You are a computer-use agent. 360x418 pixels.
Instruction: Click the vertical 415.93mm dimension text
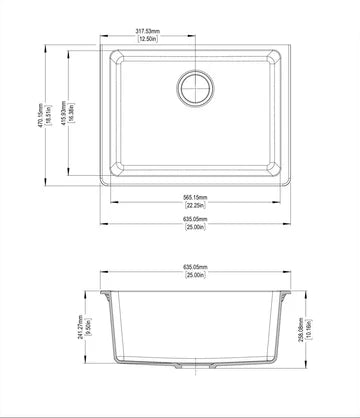point(65,116)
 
